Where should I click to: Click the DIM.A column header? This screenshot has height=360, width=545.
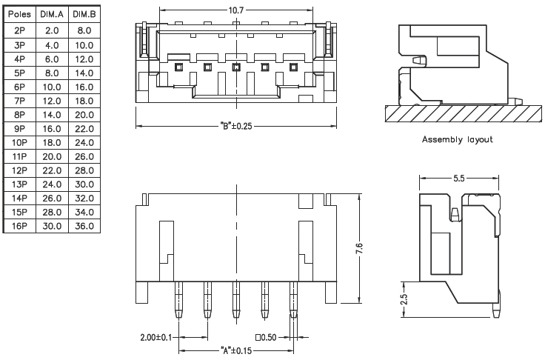[x=52, y=14]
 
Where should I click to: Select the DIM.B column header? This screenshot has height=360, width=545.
[x=84, y=14]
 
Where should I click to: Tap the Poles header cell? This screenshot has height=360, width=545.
[x=19, y=14]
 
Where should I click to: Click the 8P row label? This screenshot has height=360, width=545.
[x=20, y=115]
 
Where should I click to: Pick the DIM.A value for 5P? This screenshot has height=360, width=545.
[x=52, y=73]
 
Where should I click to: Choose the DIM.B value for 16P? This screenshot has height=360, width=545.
[x=84, y=226]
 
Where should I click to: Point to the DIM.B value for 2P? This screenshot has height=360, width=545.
[x=84, y=30]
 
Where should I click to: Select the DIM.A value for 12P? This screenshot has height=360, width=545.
[x=52, y=170]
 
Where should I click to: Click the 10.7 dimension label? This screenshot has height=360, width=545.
[x=236, y=10]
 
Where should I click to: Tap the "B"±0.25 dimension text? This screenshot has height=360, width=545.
[x=236, y=126]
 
